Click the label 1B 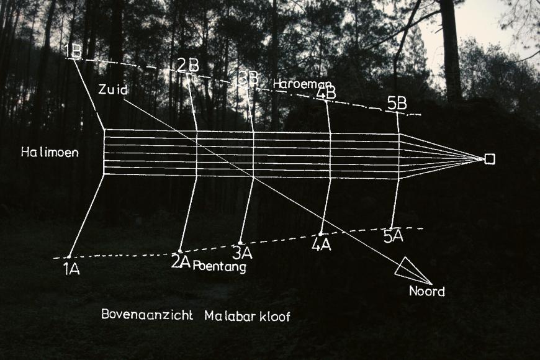[x=73, y=51]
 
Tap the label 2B [x=187, y=65]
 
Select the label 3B [x=248, y=78]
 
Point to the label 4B [x=326, y=93]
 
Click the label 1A [x=71, y=269]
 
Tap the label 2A [x=181, y=262]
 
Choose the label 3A [x=242, y=253]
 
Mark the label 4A [x=322, y=245]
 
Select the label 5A [x=393, y=236]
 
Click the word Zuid [x=113, y=90]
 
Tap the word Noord [x=426, y=291]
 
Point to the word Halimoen [x=50, y=152]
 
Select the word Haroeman [x=302, y=84]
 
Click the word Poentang [x=219, y=268]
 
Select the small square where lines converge [x=489, y=159]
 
